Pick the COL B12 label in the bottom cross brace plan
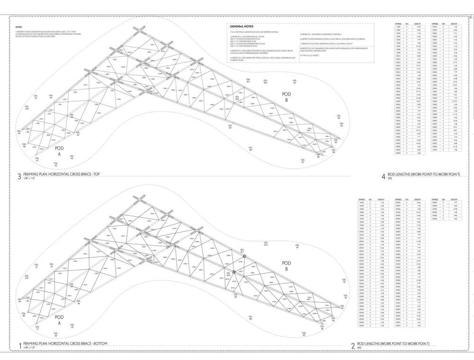[266, 244]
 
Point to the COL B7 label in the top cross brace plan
[302, 161]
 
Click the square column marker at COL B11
[244, 256]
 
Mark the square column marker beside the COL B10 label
[234, 272]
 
